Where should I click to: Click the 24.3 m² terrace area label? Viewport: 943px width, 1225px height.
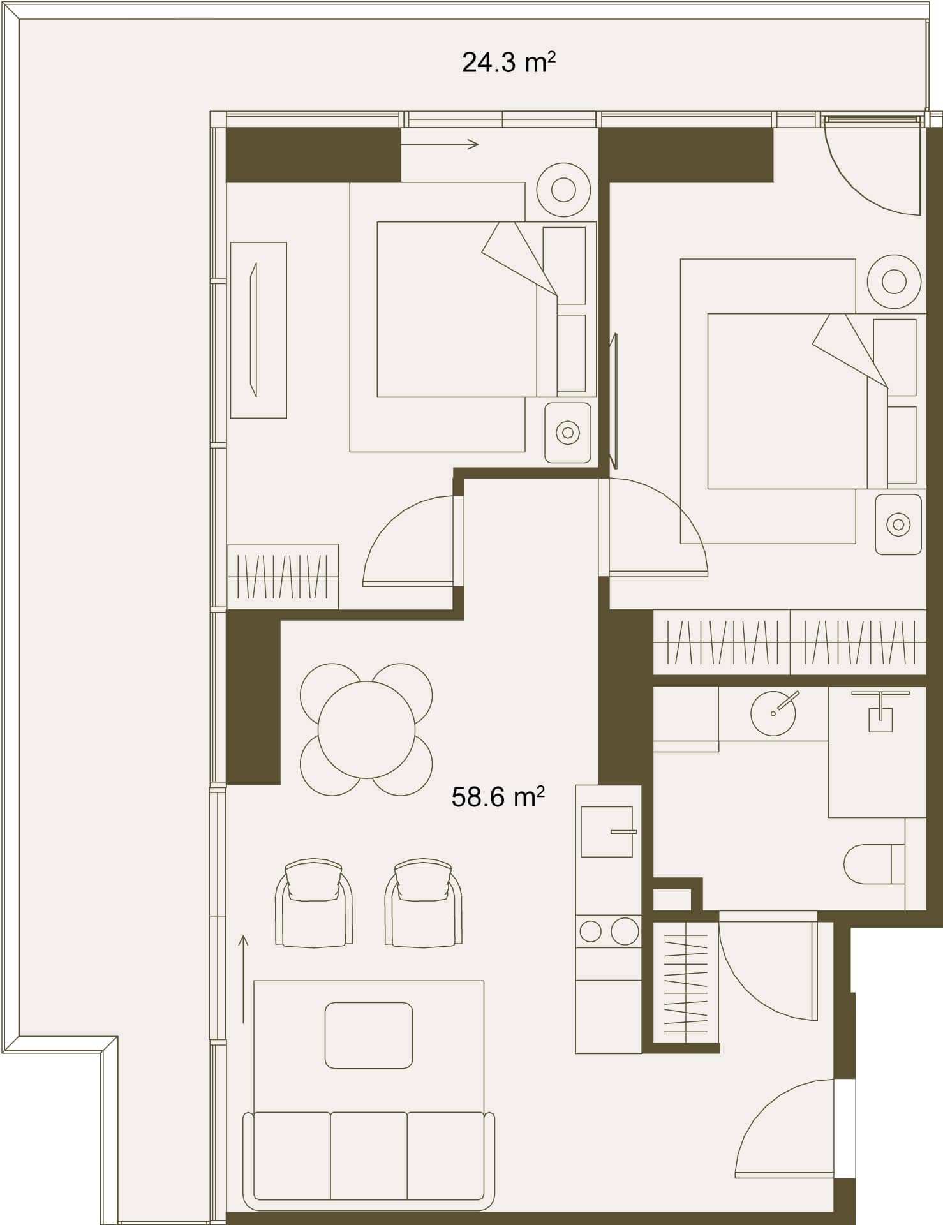pos(509,63)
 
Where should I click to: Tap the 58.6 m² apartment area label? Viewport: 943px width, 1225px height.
pos(498,798)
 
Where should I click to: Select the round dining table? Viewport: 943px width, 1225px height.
pos(366,730)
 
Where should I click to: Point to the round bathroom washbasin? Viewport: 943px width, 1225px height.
pos(773,713)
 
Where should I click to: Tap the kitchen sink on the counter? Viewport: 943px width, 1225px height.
pos(607,831)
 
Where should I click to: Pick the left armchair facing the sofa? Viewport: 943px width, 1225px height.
pos(314,903)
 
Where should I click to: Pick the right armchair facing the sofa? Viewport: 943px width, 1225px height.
pos(424,903)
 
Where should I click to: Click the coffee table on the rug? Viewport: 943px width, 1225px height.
pos(369,1036)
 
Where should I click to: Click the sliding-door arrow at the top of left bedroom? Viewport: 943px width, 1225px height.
pos(440,145)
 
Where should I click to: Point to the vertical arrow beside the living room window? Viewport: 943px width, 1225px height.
pos(243,979)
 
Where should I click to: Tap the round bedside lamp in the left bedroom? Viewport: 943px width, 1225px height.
pos(563,189)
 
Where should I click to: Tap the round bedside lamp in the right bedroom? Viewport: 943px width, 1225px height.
pos(894,281)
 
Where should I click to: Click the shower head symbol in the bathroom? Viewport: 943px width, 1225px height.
pos(880,712)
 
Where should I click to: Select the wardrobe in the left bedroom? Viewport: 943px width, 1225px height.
pos(283,576)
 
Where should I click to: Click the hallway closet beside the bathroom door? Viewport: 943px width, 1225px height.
pos(686,983)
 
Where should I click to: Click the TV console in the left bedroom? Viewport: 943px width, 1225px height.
pos(258,330)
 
